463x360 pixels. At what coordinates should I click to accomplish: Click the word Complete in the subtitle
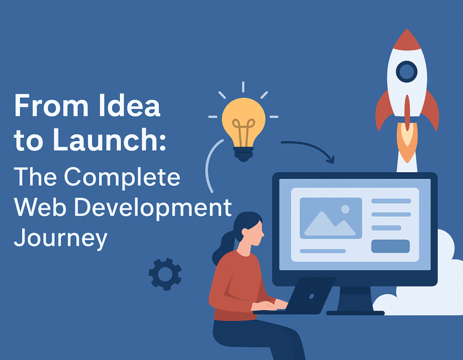[x=122, y=177]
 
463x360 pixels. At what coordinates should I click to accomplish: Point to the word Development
[x=153, y=208]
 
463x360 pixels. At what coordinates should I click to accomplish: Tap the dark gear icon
[x=165, y=274]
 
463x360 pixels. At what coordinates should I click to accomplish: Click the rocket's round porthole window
[x=406, y=71]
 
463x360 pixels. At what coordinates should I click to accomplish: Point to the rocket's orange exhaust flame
[x=407, y=141]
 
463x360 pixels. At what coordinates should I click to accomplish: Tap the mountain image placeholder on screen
[x=331, y=218]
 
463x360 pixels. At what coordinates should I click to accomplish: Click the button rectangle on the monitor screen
[x=390, y=246]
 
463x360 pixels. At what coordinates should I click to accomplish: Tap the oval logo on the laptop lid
[x=312, y=296]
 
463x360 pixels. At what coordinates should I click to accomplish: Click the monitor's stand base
[x=355, y=313]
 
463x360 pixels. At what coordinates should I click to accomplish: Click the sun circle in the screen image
[x=345, y=209]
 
